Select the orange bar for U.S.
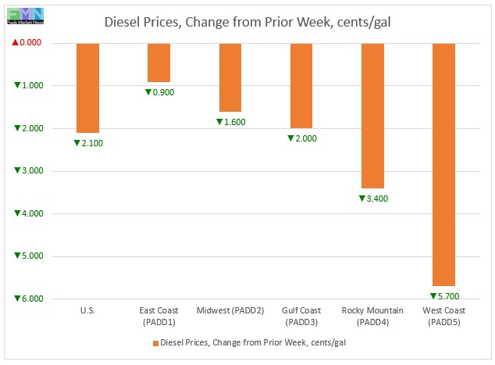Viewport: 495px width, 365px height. coord(87,88)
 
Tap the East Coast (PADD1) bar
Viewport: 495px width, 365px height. coord(158,63)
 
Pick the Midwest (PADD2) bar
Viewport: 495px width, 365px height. coord(230,77)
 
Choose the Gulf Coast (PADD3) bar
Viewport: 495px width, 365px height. coord(301,86)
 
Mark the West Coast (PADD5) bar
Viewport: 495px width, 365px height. coord(444,164)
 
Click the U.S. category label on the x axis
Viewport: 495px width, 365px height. coord(87,311)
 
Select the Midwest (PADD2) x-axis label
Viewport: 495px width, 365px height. coord(230,311)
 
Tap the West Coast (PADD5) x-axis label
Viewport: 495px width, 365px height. coord(444,317)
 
